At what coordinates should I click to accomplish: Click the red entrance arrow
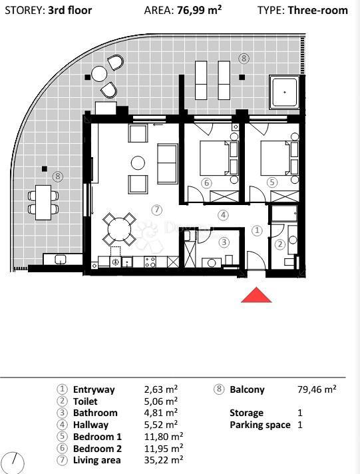click(x=256, y=295)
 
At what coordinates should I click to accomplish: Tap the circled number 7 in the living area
click(x=157, y=210)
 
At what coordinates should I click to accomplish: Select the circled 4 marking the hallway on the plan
click(x=223, y=215)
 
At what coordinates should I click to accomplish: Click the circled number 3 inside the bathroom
click(x=225, y=242)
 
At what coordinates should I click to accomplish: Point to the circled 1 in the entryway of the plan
click(x=258, y=230)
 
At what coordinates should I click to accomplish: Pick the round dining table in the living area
click(x=119, y=230)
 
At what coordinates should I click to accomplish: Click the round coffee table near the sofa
click(x=138, y=162)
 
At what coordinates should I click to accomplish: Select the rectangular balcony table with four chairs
click(x=43, y=202)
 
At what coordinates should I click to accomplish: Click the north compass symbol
click(x=13, y=461)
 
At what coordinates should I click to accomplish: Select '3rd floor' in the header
click(x=70, y=11)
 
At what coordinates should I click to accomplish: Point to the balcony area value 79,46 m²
click(x=316, y=390)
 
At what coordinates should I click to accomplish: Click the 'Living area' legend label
click(x=96, y=459)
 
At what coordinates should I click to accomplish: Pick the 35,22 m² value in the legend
click(x=163, y=459)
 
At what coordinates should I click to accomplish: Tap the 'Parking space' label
click(x=260, y=425)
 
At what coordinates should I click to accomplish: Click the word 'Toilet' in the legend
click(x=85, y=401)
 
